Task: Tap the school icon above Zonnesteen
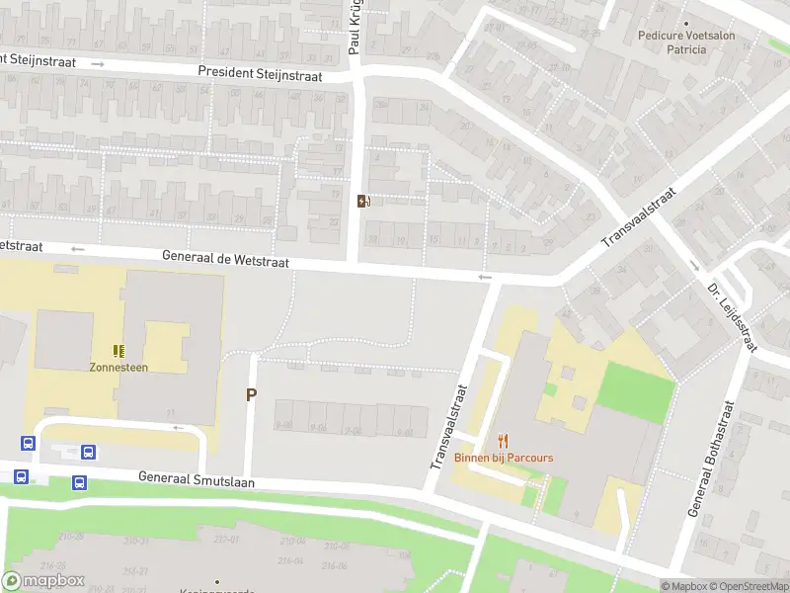[x=119, y=350]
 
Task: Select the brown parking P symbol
[x=251, y=394]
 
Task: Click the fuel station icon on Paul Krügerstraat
[x=363, y=202]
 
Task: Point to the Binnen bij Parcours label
[x=504, y=458]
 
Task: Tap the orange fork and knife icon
[x=504, y=442]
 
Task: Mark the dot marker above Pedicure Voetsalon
[x=686, y=23]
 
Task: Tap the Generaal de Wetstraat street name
[x=226, y=259]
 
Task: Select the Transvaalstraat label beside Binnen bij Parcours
[x=447, y=427]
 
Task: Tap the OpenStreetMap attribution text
[x=747, y=586]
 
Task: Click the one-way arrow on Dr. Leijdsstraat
[x=695, y=265]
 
